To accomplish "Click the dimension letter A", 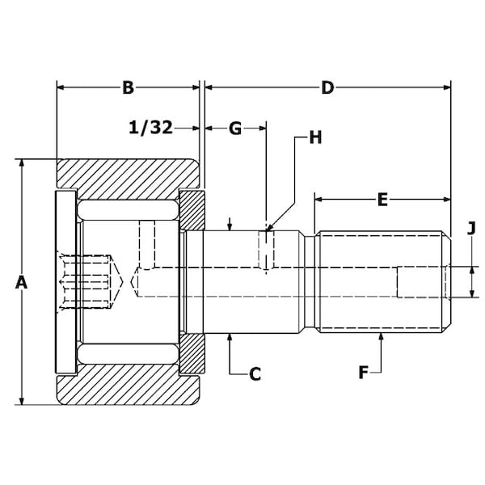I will (22, 282).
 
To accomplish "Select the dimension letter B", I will (128, 87).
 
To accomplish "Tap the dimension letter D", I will (327, 87).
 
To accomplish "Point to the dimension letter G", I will (235, 128).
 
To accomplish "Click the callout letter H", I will (315, 137).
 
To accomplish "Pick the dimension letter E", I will (382, 197).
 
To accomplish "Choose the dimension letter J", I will (470, 229).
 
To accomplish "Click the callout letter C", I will (255, 373).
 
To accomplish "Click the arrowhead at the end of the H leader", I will (268, 233).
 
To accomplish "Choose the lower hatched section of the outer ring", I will (129, 388).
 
